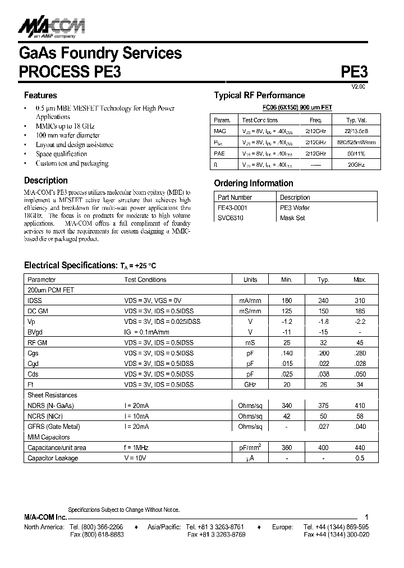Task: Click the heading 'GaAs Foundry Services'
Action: pyautogui.click(x=100, y=53)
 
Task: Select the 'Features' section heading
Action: pyautogui.click(x=40, y=95)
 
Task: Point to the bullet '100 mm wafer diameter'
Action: pyautogui.click(x=67, y=135)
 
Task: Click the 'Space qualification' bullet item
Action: pyautogui.click(x=61, y=154)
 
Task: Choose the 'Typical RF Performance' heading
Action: pyautogui.click(x=259, y=95)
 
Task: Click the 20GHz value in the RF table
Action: pyautogui.click(x=356, y=165)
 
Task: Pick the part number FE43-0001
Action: pyautogui.click(x=232, y=208)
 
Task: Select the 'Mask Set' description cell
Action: pyautogui.click(x=292, y=218)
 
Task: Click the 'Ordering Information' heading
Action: pyautogui.click(x=254, y=184)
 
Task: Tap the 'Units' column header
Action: pyautogui.click(x=250, y=280)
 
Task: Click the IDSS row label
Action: pyautogui.click(x=35, y=300)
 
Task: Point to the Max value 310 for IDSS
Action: pyautogui.click(x=360, y=300)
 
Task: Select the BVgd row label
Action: pyautogui.click(x=35, y=332)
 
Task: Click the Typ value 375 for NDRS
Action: pyautogui.click(x=323, y=406)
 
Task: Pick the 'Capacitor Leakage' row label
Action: pyautogui.click(x=53, y=458)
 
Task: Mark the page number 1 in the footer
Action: pyautogui.click(x=366, y=517)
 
